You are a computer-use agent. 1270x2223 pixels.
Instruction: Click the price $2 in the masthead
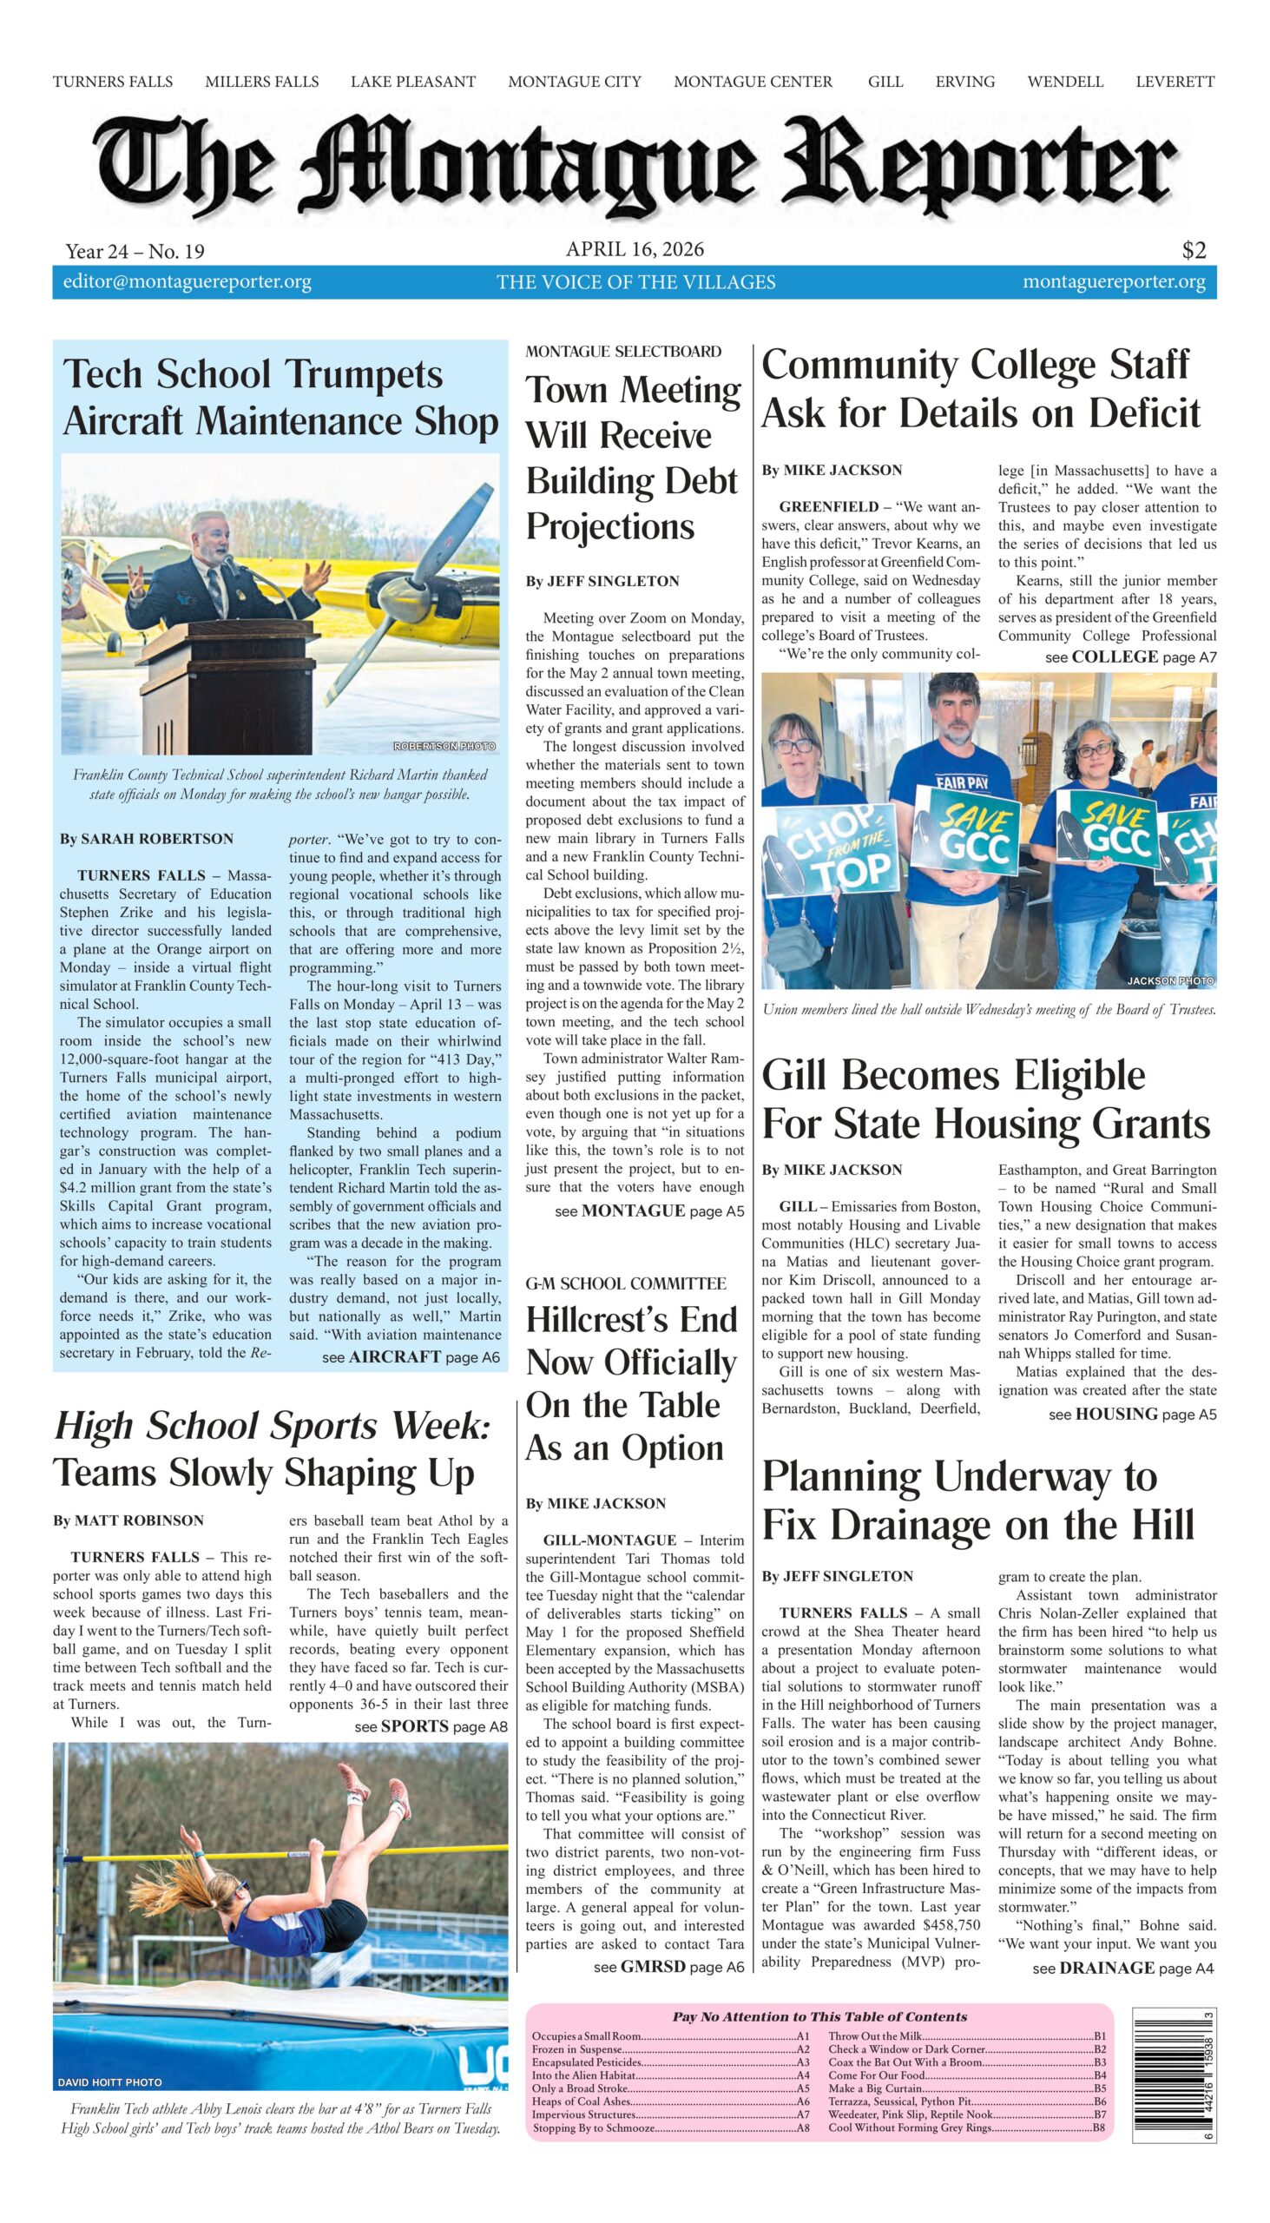(1194, 250)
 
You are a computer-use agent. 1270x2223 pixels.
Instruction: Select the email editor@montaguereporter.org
(187, 282)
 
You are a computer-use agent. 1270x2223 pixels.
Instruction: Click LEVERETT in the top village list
(1174, 82)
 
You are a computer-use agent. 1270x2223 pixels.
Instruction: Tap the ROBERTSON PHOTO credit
(444, 746)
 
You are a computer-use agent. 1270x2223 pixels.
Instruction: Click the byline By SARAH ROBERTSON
(147, 839)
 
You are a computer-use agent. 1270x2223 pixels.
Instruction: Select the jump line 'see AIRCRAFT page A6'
(411, 1357)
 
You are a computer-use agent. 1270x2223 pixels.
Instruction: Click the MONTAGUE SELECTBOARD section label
(622, 352)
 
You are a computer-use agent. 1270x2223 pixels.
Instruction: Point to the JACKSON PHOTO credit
(1169, 981)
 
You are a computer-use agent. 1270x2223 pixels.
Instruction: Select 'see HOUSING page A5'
(1131, 1415)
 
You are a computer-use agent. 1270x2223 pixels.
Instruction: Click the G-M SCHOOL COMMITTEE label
(624, 1283)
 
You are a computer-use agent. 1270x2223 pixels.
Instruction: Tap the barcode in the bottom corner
(1173, 2073)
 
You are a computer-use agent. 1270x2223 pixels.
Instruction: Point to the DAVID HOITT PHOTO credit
(110, 2082)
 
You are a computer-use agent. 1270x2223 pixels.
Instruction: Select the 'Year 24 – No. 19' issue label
(135, 251)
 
